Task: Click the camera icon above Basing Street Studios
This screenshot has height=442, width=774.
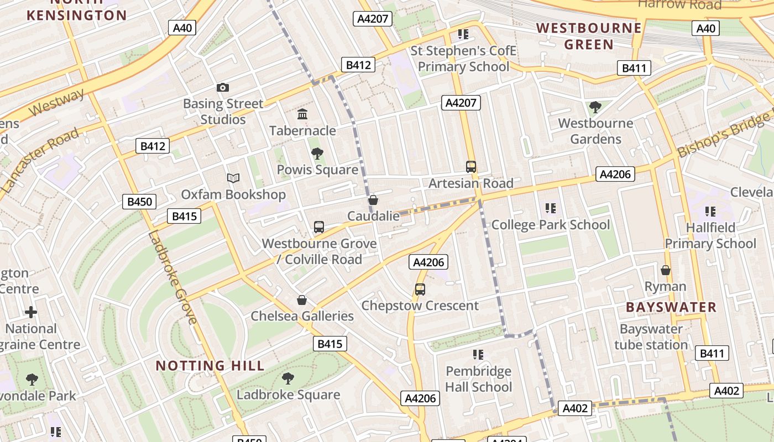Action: (x=223, y=87)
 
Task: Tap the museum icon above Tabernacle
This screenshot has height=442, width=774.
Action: (x=302, y=114)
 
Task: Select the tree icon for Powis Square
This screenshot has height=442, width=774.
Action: (x=317, y=154)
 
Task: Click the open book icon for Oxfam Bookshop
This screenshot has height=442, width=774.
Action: (x=233, y=178)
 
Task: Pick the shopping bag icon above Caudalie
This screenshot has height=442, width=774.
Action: (x=373, y=200)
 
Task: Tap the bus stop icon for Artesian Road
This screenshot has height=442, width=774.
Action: (x=471, y=167)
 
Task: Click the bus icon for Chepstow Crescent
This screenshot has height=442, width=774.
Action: (x=420, y=290)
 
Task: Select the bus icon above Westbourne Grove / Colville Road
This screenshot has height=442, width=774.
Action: (x=319, y=227)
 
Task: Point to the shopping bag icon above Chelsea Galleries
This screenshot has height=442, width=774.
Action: (x=302, y=300)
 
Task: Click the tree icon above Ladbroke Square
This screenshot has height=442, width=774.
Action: (x=287, y=378)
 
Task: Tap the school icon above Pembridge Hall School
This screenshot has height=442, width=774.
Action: (x=478, y=354)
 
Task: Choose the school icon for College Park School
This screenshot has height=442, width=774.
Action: (x=550, y=208)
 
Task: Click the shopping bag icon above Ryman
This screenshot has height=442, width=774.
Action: (x=666, y=270)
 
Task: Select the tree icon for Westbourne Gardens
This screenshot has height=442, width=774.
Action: (x=595, y=107)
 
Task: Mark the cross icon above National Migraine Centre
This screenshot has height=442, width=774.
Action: (x=31, y=312)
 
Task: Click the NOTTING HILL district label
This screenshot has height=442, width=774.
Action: (x=210, y=366)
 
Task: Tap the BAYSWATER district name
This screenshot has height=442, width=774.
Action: (x=671, y=307)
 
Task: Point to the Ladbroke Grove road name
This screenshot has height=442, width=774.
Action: (x=172, y=277)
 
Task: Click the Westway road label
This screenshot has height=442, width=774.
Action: (x=56, y=102)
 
